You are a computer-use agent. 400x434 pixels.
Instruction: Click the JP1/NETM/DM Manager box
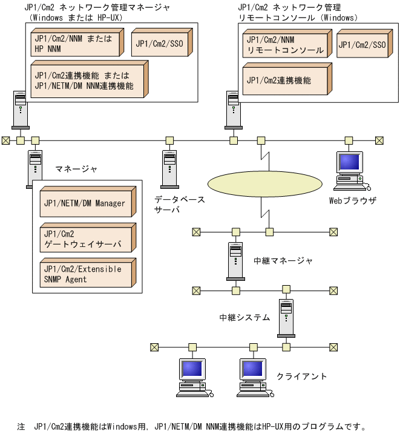point(84,203)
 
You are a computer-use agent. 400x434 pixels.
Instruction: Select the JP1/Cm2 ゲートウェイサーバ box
point(84,238)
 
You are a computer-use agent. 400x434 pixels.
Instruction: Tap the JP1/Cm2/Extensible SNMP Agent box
point(84,274)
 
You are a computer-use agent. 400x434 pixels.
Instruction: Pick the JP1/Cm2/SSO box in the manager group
point(159,44)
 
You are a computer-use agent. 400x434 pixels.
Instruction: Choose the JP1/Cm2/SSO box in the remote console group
point(361,45)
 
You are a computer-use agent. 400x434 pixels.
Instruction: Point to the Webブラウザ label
point(353,200)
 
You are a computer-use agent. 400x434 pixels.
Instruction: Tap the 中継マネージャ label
point(283,261)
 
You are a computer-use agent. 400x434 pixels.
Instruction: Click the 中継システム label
point(244,317)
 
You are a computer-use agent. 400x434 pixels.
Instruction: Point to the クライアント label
point(301,376)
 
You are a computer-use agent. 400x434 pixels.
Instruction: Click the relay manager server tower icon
point(235,261)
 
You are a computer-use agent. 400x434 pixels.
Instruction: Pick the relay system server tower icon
point(285,317)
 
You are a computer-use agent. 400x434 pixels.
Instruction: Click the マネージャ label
point(76,168)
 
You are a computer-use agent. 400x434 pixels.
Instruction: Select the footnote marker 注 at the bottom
point(21,427)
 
